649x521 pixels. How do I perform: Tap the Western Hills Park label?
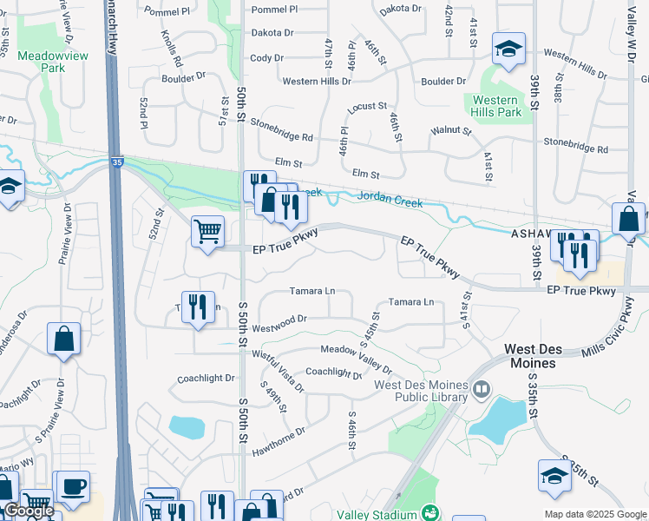click(497, 106)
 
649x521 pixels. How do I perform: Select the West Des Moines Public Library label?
click(421, 392)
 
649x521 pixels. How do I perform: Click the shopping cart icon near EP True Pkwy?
click(207, 232)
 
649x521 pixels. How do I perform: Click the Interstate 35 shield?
click(117, 161)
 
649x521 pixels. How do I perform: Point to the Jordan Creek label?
click(390, 201)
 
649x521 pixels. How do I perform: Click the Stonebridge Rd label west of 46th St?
click(282, 130)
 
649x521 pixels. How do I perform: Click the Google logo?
click(29, 511)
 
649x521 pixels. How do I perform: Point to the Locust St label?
click(367, 106)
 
